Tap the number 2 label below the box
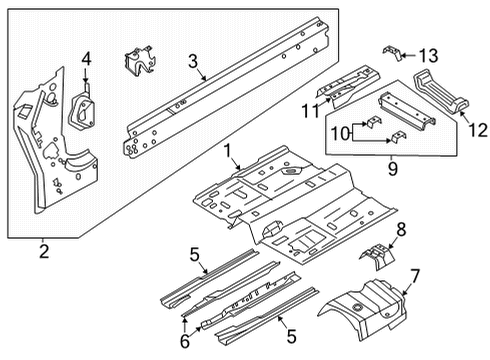(43, 249)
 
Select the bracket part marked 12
(440, 94)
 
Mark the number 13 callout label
(428, 55)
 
